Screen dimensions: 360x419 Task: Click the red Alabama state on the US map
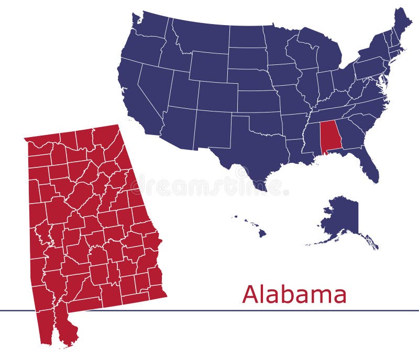[328, 137]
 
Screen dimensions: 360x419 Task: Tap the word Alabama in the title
[294, 295]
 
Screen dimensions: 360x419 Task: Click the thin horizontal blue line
[210, 310]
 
